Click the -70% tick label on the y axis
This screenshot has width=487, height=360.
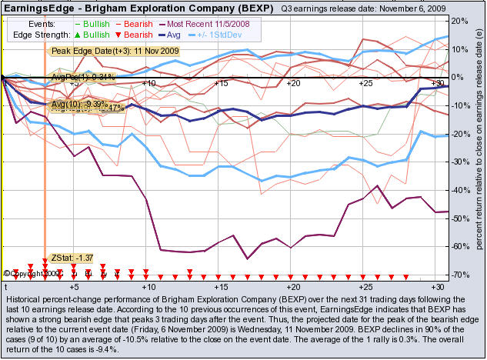pyautogui.click(x=459, y=275)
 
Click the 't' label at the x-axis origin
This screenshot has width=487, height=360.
pyautogui.click(x=6, y=285)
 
